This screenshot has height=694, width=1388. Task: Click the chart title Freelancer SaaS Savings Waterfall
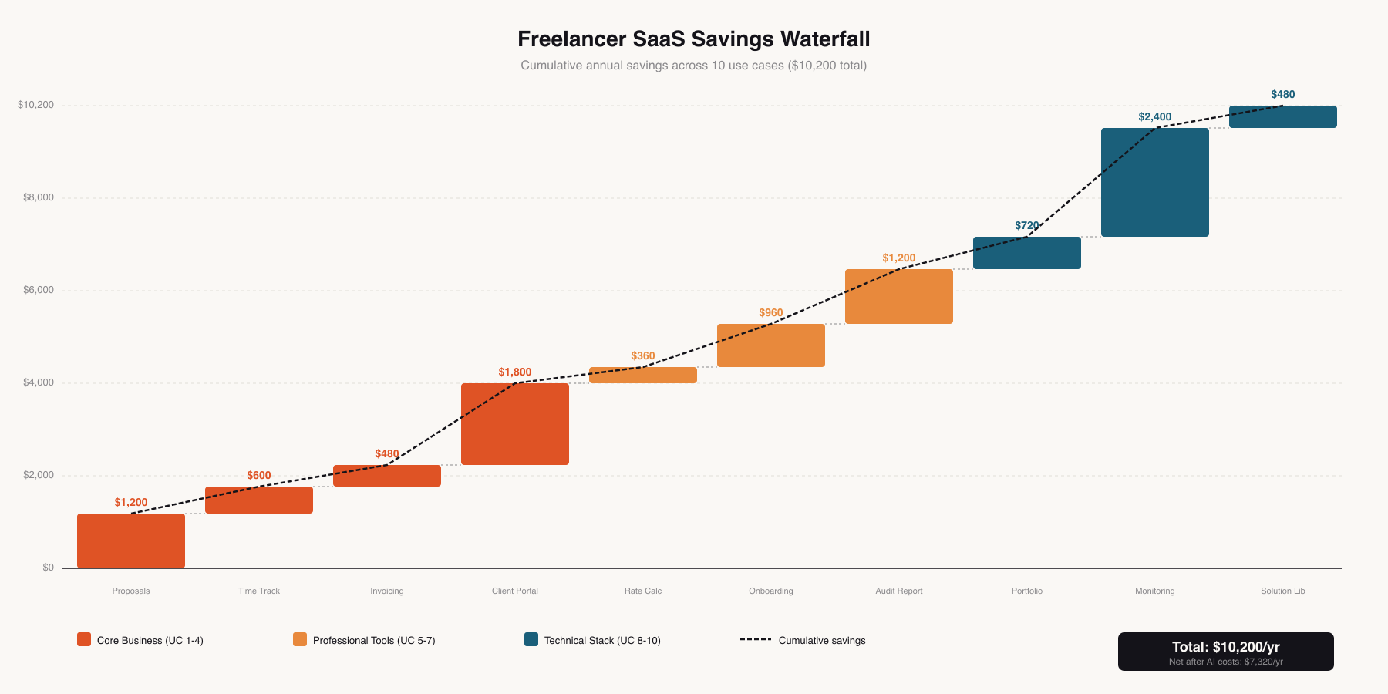[x=693, y=39]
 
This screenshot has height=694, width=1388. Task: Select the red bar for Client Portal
[x=515, y=424]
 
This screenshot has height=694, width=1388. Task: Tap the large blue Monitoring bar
[x=1154, y=182]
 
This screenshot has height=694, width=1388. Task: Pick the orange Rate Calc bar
[x=643, y=376]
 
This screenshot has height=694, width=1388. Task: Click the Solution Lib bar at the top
[x=1282, y=116]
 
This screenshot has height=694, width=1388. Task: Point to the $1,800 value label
[x=515, y=372]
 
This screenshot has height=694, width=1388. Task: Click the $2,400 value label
[x=1154, y=116]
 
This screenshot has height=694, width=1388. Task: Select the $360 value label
[x=643, y=355]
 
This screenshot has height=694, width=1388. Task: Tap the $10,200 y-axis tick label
[x=36, y=105]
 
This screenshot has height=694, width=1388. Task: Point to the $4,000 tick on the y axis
[x=39, y=382]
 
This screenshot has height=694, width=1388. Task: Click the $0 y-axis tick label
[x=49, y=568]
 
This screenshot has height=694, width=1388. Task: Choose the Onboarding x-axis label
[x=770, y=591]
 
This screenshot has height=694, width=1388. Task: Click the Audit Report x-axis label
[x=898, y=591]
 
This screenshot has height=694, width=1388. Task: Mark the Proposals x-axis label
[x=131, y=591]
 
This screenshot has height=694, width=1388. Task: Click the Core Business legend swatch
[x=84, y=639]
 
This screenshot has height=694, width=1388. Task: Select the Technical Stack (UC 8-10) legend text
[x=602, y=640]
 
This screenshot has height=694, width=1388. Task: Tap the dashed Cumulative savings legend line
[x=755, y=639]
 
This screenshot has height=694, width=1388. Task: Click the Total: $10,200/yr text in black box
[x=1225, y=646]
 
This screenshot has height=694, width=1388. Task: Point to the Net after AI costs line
[x=1225, y=662]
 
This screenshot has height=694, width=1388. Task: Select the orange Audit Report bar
[x=898, y=296]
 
